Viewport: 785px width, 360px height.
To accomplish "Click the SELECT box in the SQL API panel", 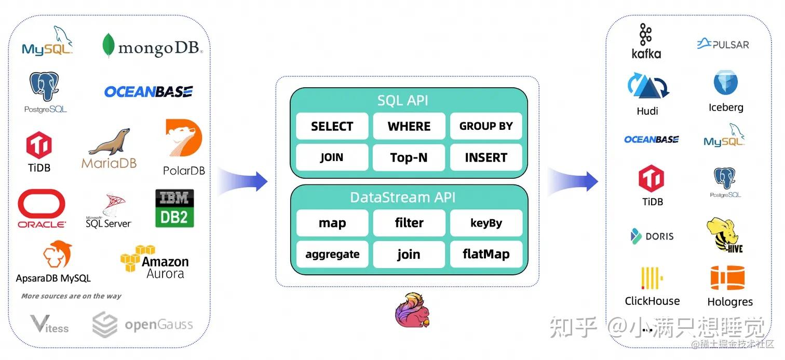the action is click(x=332, y=126).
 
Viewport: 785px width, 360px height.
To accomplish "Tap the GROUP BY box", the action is click(x=486, y=126).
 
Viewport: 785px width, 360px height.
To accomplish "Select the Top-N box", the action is click(x=409, y=157).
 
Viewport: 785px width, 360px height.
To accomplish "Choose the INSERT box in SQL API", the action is click(x=486, y=157).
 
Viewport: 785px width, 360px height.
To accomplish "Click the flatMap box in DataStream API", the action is click(x=486, y=254).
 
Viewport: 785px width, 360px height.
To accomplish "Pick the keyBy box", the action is click(x=486, y=223).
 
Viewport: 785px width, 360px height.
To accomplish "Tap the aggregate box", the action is click(x=332, y=254).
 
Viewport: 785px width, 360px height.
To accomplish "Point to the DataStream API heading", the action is click(x=403, y=197).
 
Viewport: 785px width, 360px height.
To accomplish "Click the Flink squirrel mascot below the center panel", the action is click(x=412, y=310).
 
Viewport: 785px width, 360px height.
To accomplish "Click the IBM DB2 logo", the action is click(x=174, y=208).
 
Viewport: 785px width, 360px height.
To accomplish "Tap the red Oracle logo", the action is click(x=42, y=209).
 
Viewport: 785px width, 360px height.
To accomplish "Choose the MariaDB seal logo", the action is click(x=109, y=149).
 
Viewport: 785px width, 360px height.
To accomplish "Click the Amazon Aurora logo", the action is click(x=155, y=262).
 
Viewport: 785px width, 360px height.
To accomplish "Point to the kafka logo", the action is click(x=646, y=41).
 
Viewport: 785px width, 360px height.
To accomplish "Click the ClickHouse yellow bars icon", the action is click(x=652, y=278).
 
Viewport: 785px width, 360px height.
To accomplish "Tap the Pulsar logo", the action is click(x=723, y=44).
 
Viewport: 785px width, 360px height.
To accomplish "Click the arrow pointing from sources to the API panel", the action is click(x=242, y=181).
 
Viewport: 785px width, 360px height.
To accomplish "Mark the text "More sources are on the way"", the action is click(x=71, y=296).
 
